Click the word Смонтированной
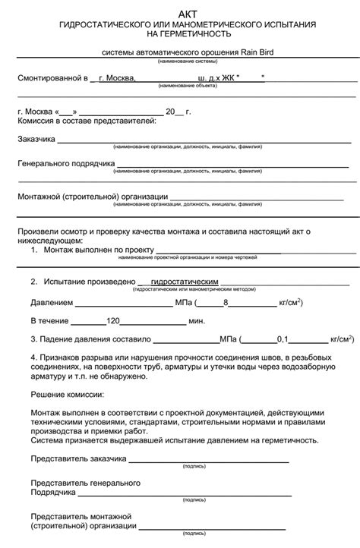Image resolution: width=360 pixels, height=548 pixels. coord(47,78)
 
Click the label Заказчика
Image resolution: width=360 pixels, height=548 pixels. coord(36,139)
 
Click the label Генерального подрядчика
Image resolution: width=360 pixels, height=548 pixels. coord(65,163)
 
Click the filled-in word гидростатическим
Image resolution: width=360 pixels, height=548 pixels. coord(185,281)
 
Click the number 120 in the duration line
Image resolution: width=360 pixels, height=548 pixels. coord(114,321)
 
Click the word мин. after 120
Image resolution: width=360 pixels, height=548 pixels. coord(197,321)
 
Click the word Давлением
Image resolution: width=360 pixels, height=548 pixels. coord(52,302)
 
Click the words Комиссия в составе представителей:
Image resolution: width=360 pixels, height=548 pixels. coord(87,121)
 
